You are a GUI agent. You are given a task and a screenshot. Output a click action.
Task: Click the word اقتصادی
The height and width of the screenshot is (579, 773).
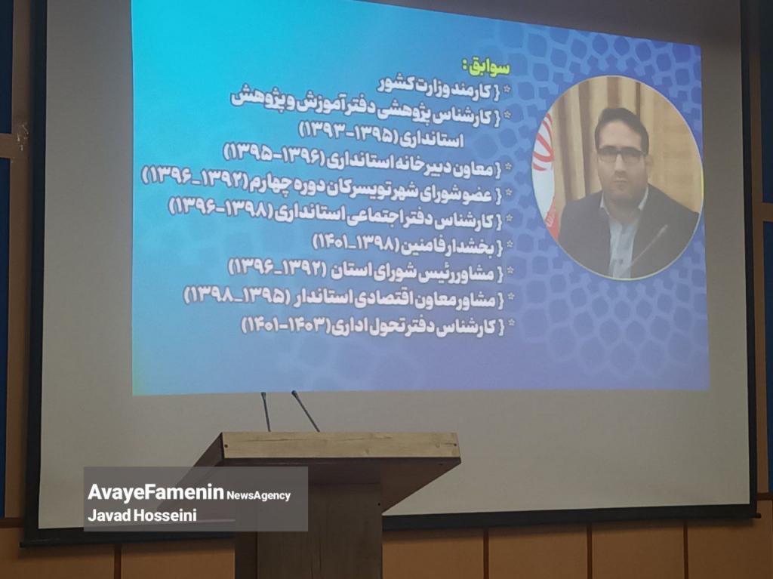click(379, 299)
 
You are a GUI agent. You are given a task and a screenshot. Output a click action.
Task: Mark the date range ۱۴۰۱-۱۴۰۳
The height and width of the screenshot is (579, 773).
click(285, 325)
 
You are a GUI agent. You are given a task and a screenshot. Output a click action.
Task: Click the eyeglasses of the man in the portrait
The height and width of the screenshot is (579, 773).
click(621, 154)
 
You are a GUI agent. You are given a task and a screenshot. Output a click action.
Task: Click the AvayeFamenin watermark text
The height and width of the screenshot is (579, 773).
click(156, 492)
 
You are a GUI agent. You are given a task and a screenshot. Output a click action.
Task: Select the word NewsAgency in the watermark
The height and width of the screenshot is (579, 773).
click(259, 495)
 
